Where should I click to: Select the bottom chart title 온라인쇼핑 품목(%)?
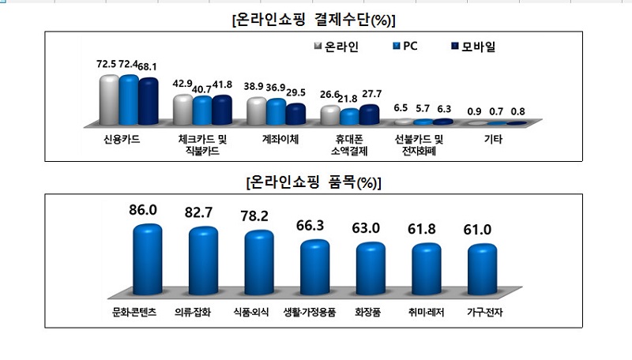(x=314, y=182)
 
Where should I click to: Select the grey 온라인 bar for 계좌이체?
(x=256, y=111)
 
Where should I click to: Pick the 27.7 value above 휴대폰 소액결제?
(x=369, y=94)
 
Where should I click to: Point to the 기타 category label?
(x=494, y=139)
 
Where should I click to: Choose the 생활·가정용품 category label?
(x=310, y=313)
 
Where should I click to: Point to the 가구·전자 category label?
(x=481, y=313)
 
